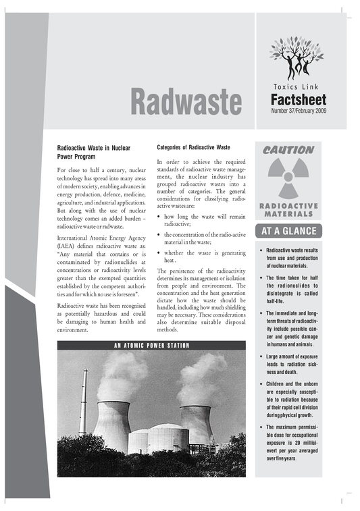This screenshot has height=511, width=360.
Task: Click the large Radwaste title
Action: click(185, 101)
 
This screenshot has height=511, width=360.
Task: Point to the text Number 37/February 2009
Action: click(299, 111)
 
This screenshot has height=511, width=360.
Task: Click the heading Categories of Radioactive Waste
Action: click(194, 146)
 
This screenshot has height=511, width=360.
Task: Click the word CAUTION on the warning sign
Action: click(288, 150)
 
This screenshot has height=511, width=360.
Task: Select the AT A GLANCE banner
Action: click(288, 232)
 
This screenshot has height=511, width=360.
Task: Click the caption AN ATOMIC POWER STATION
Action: click(151, 346)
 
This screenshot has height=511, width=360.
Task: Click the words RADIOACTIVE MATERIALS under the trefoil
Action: click(288, 209)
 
